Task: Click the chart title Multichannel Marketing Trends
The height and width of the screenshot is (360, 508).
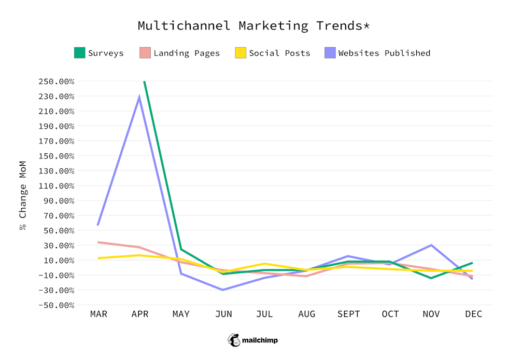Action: (x=253, y=26)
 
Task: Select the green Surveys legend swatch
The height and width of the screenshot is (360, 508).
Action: (x=79, y=53)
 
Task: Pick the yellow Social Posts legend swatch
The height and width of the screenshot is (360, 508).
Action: (x=241, y=53)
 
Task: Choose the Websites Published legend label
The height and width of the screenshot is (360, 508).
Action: (x=384, y=53)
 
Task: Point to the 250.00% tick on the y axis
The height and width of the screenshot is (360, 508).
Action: (x=57, y=81)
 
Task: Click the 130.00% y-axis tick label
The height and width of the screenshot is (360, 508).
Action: (x=57, y=171)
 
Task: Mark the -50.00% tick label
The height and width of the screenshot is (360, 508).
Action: (x=57, y=305)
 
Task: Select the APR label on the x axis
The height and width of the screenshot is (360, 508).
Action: (x=140, y=314)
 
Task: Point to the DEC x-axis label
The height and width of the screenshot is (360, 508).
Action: (x=473, y=314)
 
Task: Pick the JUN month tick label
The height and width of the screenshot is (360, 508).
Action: (x=223, y=314)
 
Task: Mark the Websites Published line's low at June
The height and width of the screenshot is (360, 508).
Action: (x=223, y=290)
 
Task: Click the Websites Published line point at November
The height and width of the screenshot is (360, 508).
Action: (x=431, y=245)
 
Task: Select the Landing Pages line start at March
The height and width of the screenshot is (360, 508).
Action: (x=98, y=242)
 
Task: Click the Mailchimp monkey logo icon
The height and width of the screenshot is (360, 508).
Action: (x=234, y=340)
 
